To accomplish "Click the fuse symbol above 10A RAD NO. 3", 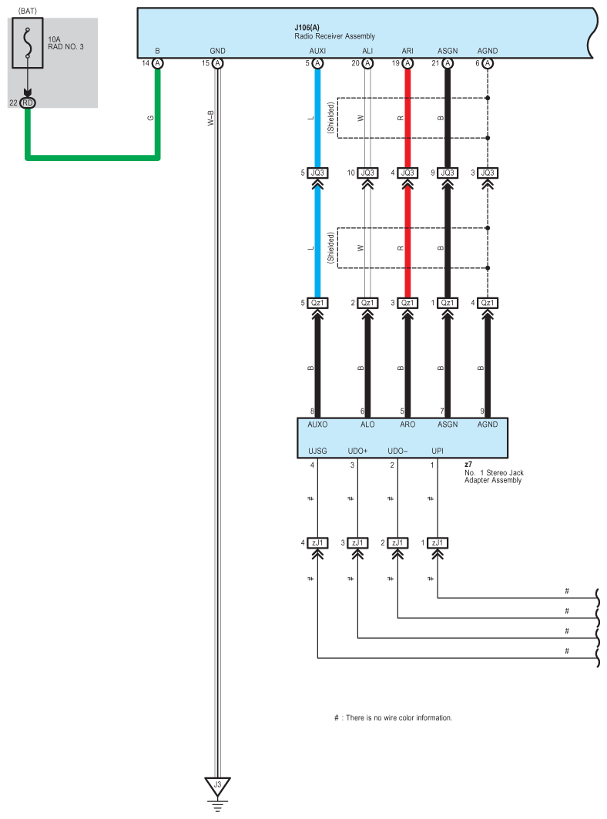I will (x=28, y=46).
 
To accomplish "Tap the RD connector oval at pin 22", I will (x=28, y=102).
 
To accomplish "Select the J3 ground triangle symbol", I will (x=217, y=786).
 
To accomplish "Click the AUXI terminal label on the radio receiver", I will (x=317, y=51).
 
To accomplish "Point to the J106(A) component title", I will (x=308, y=28).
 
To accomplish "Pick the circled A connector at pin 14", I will (x=158, y=63).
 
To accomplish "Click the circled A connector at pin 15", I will (x=217, y=63).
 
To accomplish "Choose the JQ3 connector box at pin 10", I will (x=367, y=173).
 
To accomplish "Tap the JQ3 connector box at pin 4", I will (x=407, y=173).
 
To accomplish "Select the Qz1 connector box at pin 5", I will (x=317, y=303).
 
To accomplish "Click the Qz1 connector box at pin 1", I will (x=447, y=303).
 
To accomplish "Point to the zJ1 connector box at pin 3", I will (x=357, y=543).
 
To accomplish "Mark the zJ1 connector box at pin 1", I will (x=438, y=543).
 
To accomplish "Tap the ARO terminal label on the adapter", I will (x=407, y=425).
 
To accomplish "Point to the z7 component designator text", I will (x=468, y=465).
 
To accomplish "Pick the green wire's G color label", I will (x=151, y=118).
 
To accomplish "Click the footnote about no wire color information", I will (x=393, y=718).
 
